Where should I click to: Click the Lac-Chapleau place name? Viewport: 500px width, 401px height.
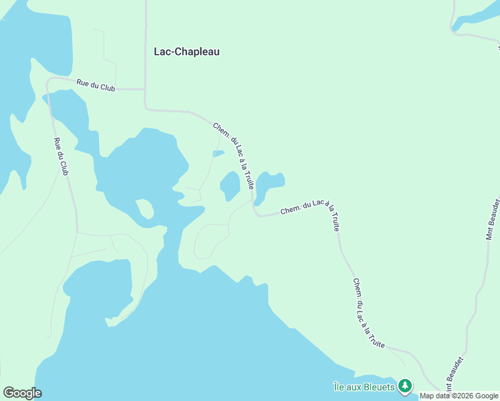coord(186,51)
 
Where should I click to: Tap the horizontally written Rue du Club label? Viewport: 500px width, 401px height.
coord(96,85)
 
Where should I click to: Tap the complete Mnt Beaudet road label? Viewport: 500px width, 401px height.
coord(493,218)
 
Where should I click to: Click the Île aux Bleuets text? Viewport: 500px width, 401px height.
coord(364,386)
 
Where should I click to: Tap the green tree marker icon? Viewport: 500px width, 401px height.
coord(404,386)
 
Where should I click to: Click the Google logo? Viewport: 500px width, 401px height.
coord(22,393)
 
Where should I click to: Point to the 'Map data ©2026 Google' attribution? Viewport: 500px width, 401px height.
coord(459,396)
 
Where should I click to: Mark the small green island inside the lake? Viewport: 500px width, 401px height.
coord(144,209)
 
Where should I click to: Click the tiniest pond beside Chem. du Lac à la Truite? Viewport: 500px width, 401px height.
coord(218,154)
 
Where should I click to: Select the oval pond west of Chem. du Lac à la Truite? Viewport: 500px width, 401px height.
coord(230,185)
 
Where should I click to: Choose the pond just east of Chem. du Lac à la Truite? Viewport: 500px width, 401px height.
coord(269,184)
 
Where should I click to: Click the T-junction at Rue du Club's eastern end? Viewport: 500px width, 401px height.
coord(145,88)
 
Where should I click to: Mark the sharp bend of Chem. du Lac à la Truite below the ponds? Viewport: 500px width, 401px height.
coord(256,214)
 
